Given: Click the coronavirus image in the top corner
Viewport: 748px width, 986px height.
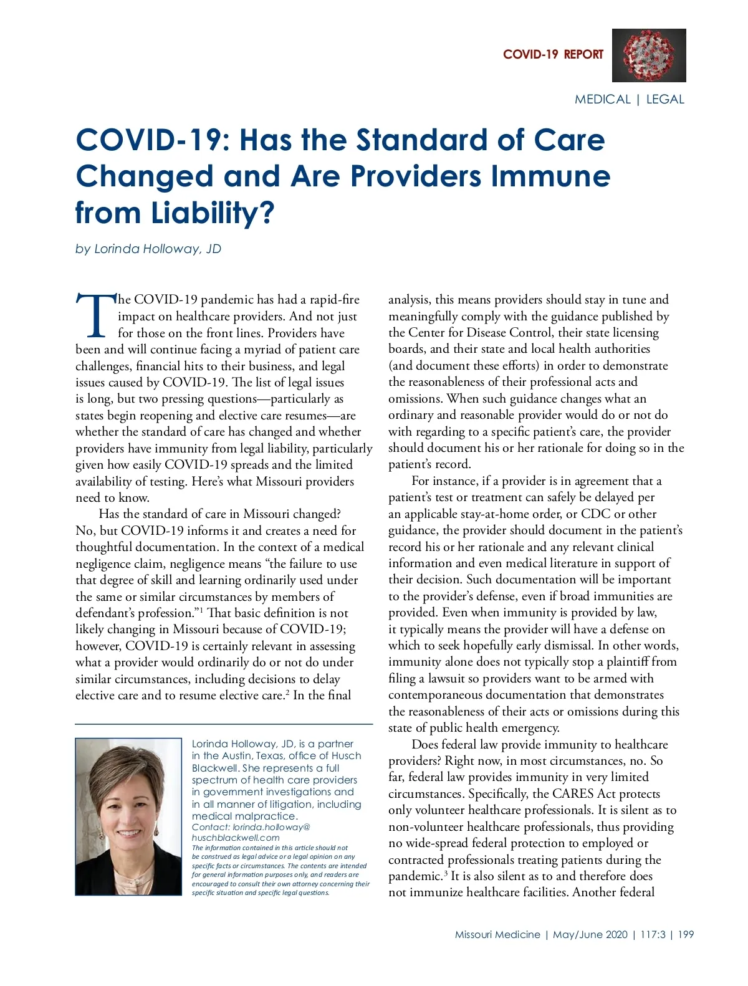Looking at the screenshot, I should coord(649,55).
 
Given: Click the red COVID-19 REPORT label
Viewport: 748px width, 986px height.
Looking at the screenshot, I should coord(553,54).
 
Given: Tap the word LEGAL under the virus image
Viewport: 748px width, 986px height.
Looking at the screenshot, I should coord(665,99).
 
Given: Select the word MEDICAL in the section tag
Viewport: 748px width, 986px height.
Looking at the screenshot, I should coord(602,99).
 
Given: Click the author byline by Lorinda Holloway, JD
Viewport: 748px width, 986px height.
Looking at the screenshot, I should coord(148,249).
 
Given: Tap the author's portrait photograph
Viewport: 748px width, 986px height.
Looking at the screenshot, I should coord(128,816).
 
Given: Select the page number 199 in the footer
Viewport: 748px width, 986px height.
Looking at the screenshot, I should coord(686,934).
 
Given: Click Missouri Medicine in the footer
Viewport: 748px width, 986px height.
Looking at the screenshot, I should coord(497,934).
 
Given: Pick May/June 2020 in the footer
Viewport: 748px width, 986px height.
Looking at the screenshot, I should coord(590,934).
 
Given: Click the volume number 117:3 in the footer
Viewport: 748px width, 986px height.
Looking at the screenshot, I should coord(653,934).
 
